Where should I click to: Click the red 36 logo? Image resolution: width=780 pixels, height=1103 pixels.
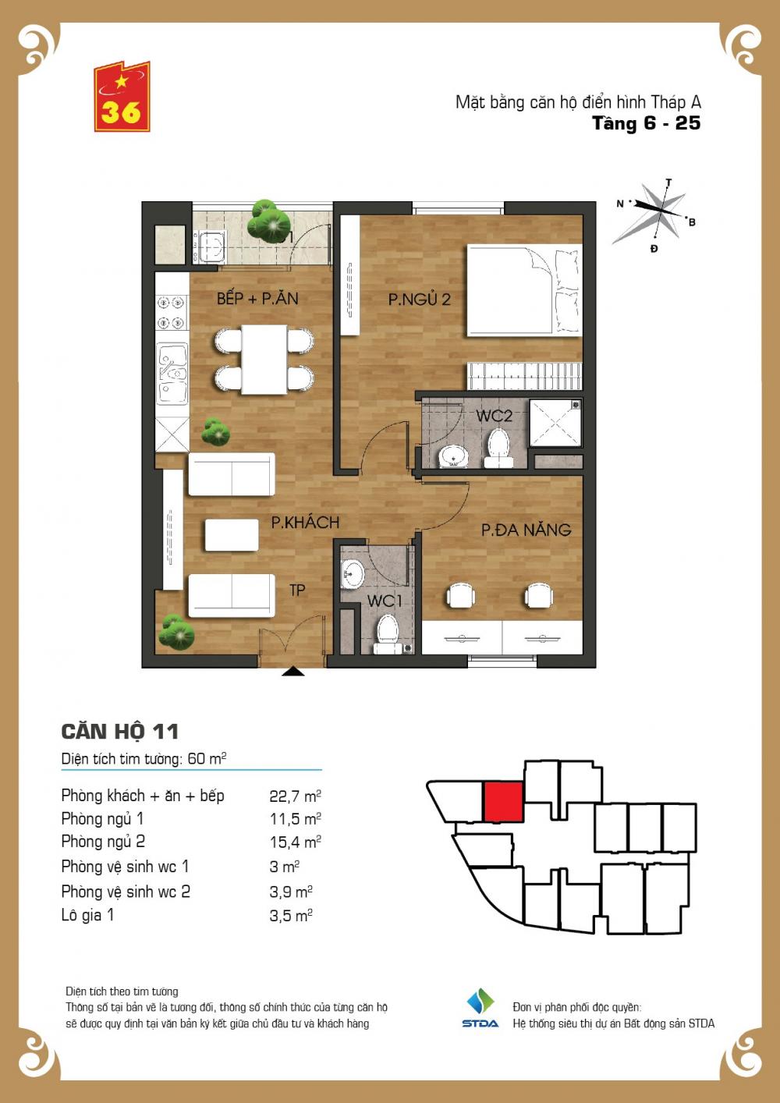point(122,97)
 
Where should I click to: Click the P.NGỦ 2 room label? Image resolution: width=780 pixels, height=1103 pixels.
point(419,300)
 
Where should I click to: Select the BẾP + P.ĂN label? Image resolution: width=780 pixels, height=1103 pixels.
point(257,298)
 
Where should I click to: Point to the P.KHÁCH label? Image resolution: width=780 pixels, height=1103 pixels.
point(305,522)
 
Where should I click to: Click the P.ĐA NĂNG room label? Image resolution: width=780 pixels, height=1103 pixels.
point(526,530)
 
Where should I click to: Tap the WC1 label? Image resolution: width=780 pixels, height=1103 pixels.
point(385,601)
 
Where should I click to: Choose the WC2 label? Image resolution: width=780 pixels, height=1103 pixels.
point(494,416)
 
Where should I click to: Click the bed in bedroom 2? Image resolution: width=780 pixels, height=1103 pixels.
point(524,292)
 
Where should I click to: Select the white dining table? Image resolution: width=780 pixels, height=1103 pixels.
point(264,360)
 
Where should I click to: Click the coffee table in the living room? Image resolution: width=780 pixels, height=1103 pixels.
point(232,535)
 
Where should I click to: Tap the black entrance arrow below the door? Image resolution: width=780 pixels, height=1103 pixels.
point(293,671)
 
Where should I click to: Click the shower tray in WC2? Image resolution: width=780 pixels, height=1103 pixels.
point(555,423)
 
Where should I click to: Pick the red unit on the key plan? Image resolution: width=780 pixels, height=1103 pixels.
point(502,802)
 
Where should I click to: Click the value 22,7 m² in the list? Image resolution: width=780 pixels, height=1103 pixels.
point(295,796)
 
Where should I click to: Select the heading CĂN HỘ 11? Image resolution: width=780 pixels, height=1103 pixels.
point(119,732)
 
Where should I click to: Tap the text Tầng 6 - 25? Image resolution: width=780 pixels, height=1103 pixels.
point(646,123)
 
